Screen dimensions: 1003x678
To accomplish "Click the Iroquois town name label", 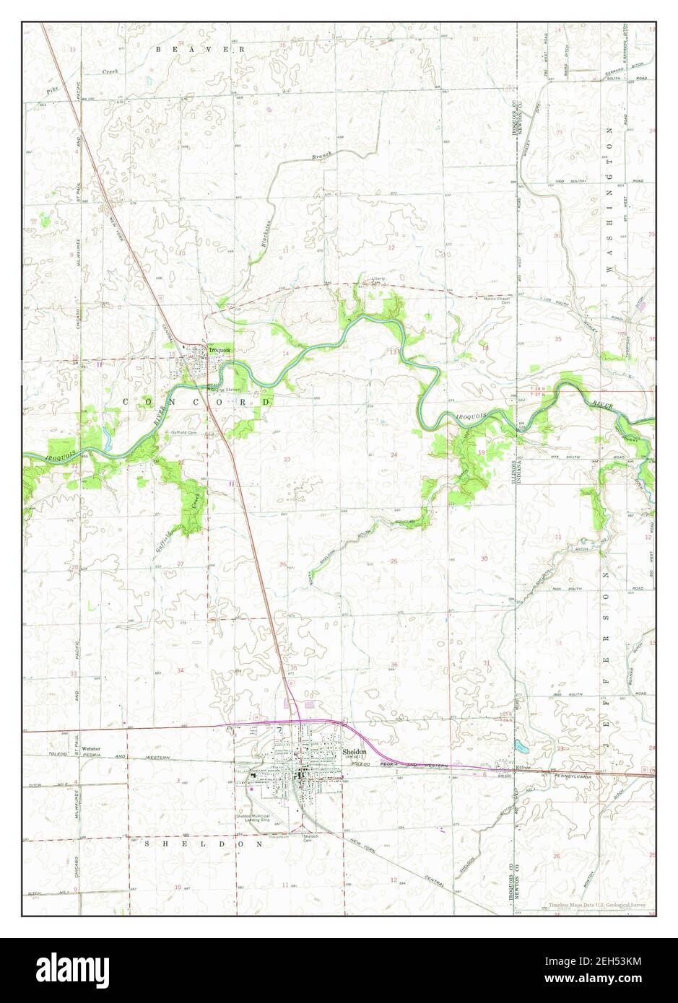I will point(219,351).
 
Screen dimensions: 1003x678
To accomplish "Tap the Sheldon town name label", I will point(355,751).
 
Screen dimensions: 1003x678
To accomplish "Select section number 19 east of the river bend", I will point(482,452).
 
